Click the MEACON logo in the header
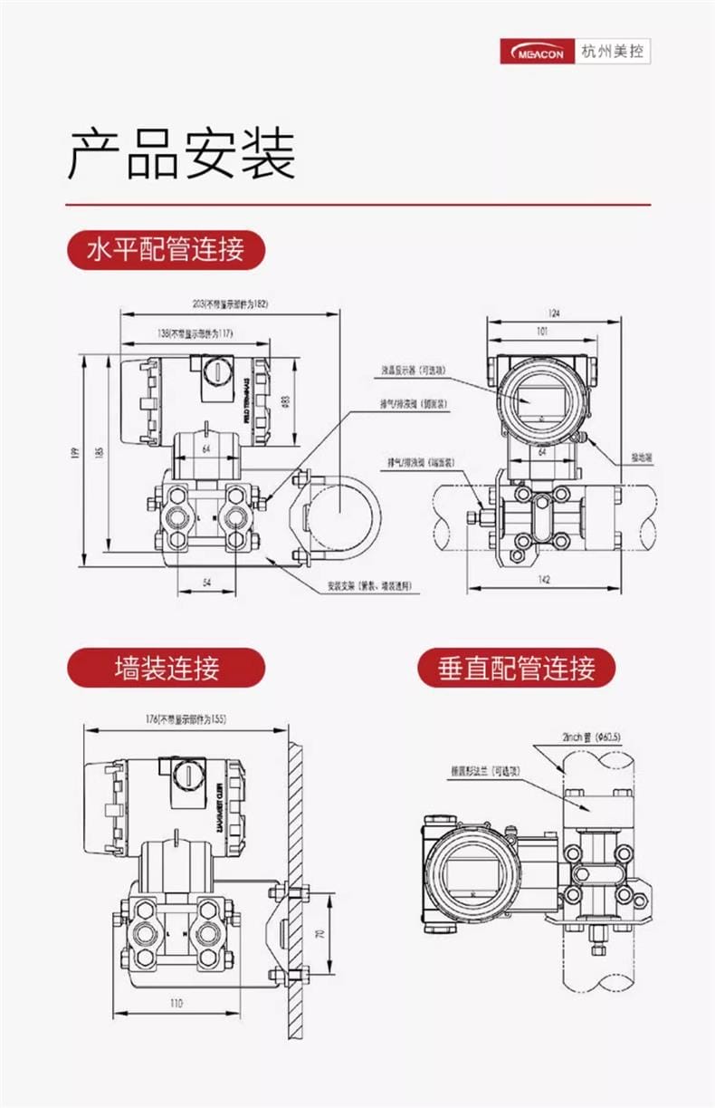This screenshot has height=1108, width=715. (x=539, y=53)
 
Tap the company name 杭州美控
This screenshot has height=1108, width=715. (x=614, y=53)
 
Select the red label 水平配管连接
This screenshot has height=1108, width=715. (x=166, y=248)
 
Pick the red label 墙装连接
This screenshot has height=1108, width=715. (x=167, y=669)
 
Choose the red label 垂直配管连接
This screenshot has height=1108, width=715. (x=516, y=669)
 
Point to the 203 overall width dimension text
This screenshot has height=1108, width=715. (x=231, y=303)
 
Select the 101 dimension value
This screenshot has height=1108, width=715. (x=542, y=332)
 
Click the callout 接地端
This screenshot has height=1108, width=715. (x=642, y=458)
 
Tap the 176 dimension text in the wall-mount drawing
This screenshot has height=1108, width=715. (x=186, y=719)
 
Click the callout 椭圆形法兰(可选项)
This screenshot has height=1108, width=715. (x=487, y=770)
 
